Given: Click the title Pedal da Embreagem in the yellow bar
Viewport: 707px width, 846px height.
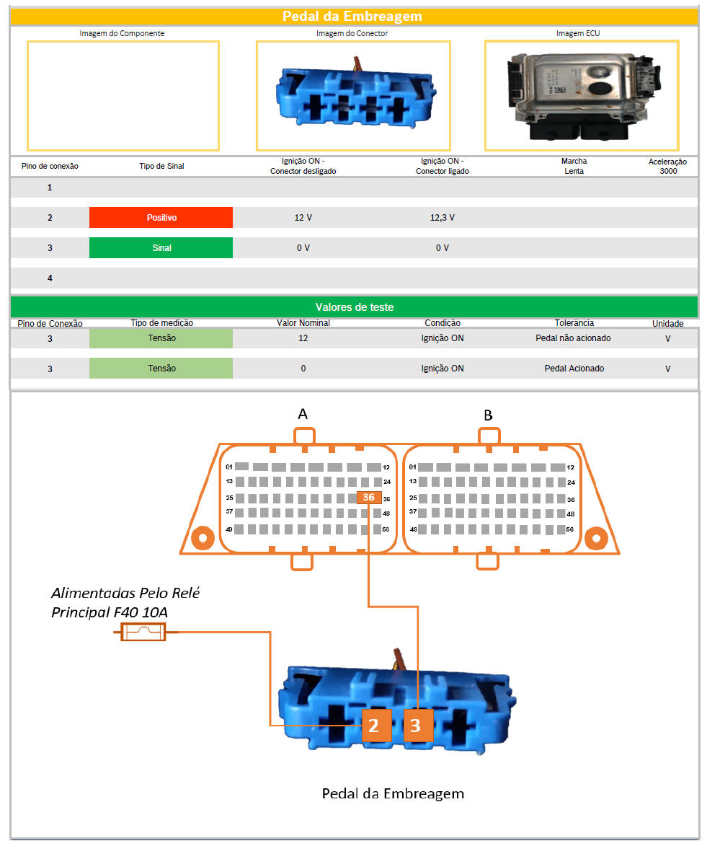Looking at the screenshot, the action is pos(352,16).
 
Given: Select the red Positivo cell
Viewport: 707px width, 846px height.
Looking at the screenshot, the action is pos(161,217).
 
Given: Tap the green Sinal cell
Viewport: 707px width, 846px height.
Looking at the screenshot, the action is pos(161,247).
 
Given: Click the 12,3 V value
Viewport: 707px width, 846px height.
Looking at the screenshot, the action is pos(443,217).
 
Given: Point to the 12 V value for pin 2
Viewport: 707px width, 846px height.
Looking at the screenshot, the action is pos(303,217).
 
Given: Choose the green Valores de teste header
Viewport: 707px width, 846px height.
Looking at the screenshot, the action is pos(355,307).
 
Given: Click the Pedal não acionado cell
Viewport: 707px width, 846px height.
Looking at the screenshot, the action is pos(573,338).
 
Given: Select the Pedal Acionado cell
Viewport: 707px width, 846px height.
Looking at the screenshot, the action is pos(574,369).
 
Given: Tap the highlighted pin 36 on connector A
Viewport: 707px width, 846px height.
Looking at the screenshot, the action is pos(369,498).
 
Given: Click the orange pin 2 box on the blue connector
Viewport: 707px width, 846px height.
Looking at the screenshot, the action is pos(373,726).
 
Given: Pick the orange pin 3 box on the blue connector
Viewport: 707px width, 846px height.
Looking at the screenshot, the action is pos(415,726).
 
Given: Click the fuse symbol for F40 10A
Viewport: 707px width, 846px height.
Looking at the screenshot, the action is pos(143,631).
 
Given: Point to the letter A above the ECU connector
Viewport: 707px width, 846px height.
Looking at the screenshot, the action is pos(303,414).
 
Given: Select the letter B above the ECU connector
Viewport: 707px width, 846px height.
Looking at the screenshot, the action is pos(488,415).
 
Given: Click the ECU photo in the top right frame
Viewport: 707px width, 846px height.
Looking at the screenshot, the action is pos(582,95).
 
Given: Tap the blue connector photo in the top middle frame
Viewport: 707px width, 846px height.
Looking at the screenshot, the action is pos(355,93).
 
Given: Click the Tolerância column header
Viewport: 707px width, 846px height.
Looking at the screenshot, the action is pos(574,322).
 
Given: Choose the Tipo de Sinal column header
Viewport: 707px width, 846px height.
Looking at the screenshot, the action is pos(161,166).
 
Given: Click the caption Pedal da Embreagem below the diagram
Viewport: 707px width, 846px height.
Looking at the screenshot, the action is pos(393,793).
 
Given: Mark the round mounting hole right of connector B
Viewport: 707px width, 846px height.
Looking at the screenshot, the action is pos(597,538).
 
